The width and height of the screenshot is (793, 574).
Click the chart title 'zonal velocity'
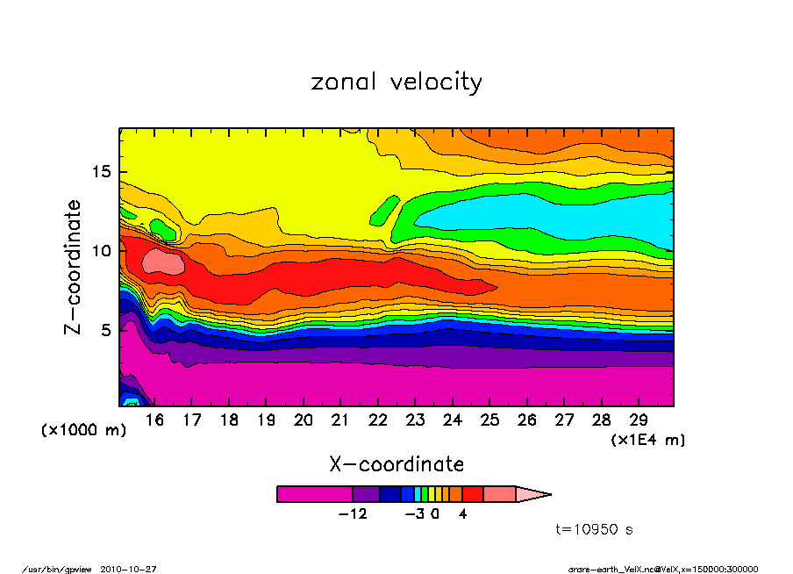[x=396, y=83]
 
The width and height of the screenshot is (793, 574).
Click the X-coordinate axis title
[x=396, y=463]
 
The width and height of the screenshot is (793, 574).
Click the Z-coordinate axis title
[x=74, y=267]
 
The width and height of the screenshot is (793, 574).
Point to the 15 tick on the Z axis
[x=104, y=172]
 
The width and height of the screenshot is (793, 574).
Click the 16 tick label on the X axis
[x=155, y=420]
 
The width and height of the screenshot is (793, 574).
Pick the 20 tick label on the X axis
[x=304, y=420]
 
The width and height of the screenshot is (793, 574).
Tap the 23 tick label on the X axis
[x=416, y=420]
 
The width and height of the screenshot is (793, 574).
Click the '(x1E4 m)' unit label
[x=647, y=439]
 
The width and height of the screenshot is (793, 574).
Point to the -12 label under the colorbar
[x=353, y=513]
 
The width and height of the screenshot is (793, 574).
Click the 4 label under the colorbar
[x=462, y=513]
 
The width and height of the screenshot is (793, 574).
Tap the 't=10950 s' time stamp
[x=595, y=529]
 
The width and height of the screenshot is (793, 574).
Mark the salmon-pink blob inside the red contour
[x=162, y=261]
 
